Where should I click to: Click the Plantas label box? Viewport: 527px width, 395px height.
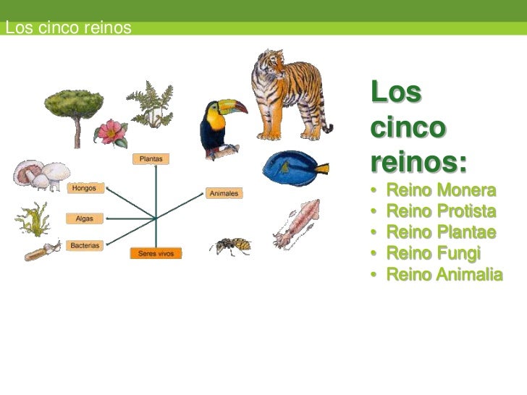tap(151, 158)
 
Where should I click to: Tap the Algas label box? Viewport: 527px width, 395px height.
tap(85, 218)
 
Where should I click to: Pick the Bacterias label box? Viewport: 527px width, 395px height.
tap(85, 246)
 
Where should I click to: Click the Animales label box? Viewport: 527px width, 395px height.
tap(224, 193)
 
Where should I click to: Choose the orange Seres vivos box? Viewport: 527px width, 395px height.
tap(156, 254)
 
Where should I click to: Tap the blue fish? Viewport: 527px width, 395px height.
tap(294, 169)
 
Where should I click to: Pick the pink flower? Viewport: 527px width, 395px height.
tap(111, 132)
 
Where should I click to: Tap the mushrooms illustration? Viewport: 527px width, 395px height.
tap(41, 174)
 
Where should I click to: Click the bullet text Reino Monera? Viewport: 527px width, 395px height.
tap(441, 192)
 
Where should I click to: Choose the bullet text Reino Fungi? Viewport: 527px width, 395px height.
tap(434, 254)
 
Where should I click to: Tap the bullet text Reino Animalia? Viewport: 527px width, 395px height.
tap(444, 275)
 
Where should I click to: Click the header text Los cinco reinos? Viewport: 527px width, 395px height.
tap(67, 28)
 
